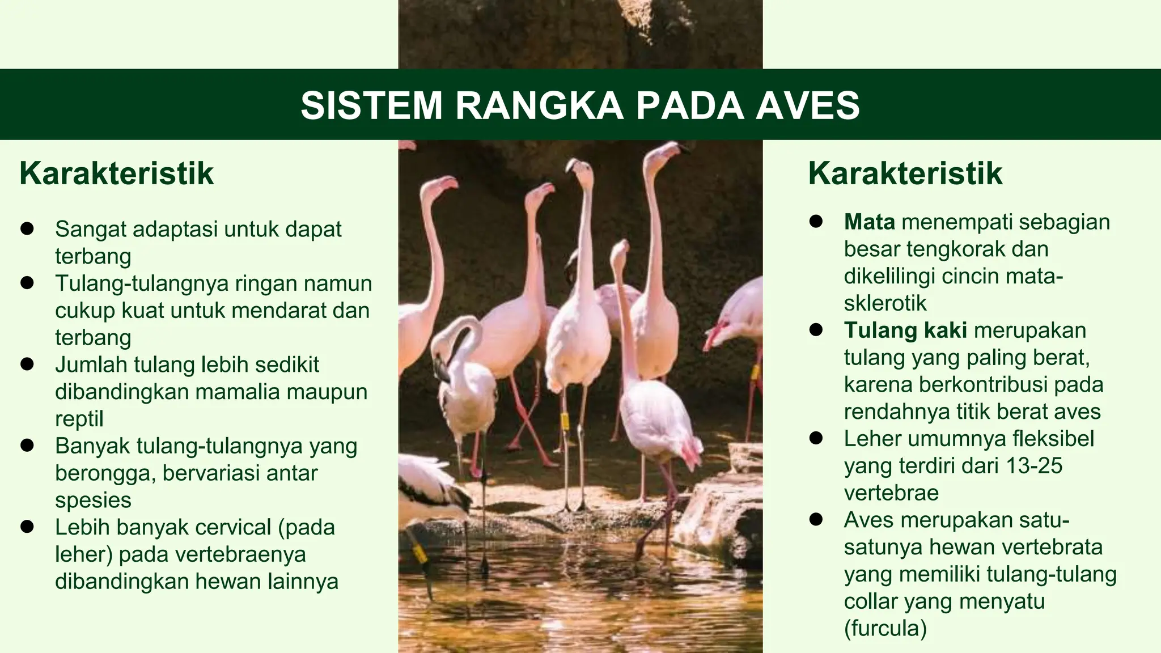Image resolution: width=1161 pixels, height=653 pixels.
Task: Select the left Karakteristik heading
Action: [116, 173]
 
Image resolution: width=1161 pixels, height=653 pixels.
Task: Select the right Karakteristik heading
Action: [905, 173]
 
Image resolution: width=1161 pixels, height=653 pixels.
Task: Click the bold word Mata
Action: [869, 222]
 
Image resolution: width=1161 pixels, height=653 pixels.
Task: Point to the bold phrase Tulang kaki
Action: [905, 330]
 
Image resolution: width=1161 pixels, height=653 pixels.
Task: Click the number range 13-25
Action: [1033, 466]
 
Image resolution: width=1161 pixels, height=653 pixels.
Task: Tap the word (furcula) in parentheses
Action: [885, 628]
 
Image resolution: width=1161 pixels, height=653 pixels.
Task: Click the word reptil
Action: [79, 419]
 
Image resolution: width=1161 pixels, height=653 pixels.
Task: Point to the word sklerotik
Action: [885, 303]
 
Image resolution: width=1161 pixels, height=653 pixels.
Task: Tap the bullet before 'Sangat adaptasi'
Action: [27, 229]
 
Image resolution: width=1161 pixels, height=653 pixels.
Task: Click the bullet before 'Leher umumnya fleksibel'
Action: [816, 438]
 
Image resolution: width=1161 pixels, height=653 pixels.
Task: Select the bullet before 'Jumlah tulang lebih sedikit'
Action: [27, 364]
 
